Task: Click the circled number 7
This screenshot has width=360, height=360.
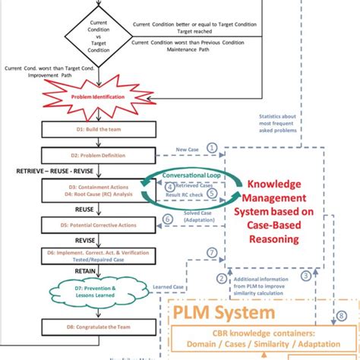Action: point(212,252)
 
